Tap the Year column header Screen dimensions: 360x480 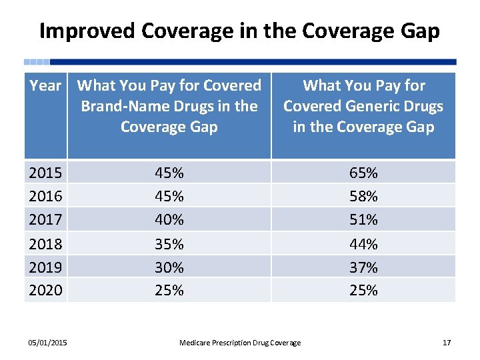pyautogui.click(x=45, y=86)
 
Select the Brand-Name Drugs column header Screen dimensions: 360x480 pyautogui.click(x=169, y=106)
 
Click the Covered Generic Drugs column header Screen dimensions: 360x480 pyautogui.click(x=363, y=106)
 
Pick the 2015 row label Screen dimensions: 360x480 pyautogui.click(x=45, y=173)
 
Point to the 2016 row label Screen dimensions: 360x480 pyautogui.click(x=45, y=196)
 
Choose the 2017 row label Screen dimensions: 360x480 pyautogui.click(x=45, y=219)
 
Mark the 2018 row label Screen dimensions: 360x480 pyautogui.click(x=45, y=244)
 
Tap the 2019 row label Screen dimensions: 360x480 pyautogui.click(x=45, y=267)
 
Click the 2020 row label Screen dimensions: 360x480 pyautogui.click(x=45, y=290)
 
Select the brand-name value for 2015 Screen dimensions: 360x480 pyautogui.click(x=169, y=173)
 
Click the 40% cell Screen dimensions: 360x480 pyautogui.click(x=169, y=219)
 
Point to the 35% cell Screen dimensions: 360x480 pyautogui.click(x=169, y=244)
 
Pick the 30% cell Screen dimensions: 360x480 pyautogui.click(x=169, y=267)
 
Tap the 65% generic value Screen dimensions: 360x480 pyautogui.click(x=363, y=173)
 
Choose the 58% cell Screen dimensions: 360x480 pyautogui.click(x=363, y=196)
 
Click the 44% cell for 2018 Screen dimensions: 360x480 pyautogui.click(x=363, y=244)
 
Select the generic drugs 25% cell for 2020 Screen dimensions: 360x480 pyautogui.click(x=363, y=290)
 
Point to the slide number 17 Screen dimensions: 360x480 pyautogui.click(x=447, y=343)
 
